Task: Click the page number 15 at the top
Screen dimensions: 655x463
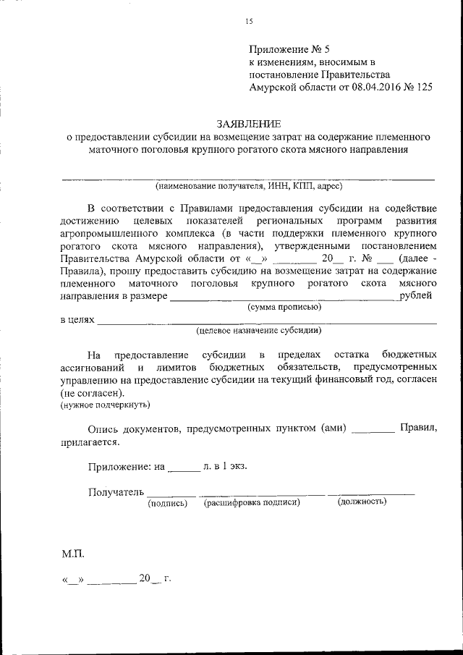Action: coord(248,21)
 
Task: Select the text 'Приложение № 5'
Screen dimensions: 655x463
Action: coord(289,50)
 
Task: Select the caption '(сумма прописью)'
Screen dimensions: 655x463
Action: coord(284,307)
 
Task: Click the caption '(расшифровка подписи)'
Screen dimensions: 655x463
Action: coord(252,502)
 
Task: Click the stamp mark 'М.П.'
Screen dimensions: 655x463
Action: coord(73,554)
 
